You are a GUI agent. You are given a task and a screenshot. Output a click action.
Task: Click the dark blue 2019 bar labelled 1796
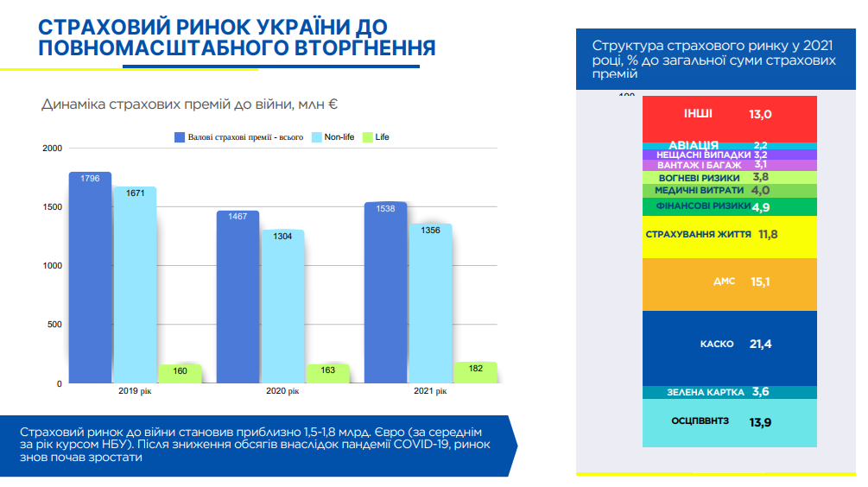tap(91, 276)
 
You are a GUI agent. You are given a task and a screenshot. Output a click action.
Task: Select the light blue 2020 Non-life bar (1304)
tap(283, 311)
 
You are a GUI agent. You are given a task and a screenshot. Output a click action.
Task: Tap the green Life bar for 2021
tap(475, 373)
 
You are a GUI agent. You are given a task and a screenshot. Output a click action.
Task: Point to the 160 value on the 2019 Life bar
tap(180, 371)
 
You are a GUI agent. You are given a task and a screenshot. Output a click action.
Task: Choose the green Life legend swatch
tap(366, 136)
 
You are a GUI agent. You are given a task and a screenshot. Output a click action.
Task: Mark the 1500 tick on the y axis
tap(52, 207)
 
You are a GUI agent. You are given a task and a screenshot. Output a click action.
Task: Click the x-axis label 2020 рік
tap(282, 391)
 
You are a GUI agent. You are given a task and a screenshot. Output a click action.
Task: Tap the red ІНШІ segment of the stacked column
tap(730, 118)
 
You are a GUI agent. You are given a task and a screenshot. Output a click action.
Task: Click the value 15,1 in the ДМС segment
tap(760, 281)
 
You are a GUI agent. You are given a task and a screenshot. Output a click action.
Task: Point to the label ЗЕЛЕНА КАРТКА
tap(705, 392)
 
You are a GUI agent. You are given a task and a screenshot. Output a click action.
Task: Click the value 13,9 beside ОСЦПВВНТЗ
tap(760, 422)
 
